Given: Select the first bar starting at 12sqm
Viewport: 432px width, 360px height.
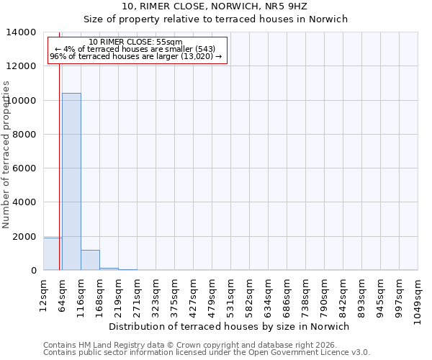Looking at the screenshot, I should [53, 254].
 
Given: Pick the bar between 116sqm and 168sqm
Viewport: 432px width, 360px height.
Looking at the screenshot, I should [90, 260].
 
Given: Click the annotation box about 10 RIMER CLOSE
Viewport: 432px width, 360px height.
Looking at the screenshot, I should [138, 50].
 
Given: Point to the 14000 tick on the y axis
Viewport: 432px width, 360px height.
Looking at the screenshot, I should [23, 32].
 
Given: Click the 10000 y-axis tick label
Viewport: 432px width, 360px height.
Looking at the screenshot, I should [23, 100].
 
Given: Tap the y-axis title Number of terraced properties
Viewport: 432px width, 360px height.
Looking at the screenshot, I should [6, 154].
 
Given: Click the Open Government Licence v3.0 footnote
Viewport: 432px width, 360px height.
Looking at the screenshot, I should [207, 353].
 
